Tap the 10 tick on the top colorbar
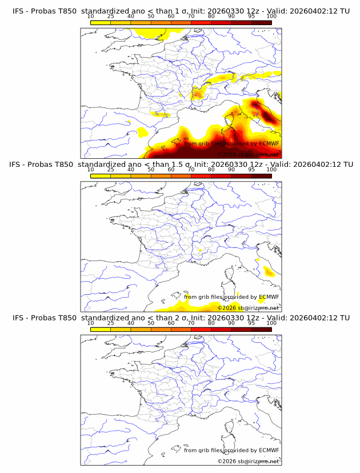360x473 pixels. (90, 16)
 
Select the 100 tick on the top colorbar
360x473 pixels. (271, 16)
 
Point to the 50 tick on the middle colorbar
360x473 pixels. (151, 170)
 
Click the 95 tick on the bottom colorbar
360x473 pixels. (251, 323)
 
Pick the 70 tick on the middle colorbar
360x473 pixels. (191, 170)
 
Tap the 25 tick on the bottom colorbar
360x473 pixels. (110, 323)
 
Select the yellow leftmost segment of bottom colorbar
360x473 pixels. (100, 329)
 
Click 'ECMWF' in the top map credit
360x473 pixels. (269, 144)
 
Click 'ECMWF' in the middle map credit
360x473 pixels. (269, 297)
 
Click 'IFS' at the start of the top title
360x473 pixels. (19, 11)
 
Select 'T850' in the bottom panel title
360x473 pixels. (65, 318)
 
